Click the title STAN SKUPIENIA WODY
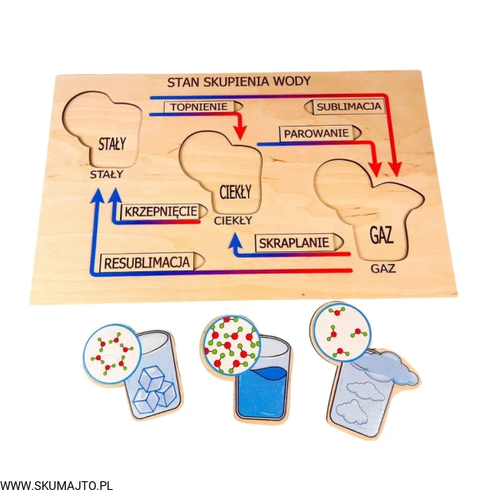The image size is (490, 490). [x=239, y=81]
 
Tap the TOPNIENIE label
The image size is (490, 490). [x=196, y=106]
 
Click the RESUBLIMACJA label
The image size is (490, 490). [x=146, y=261]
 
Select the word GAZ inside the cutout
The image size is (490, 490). [x=383, y=235]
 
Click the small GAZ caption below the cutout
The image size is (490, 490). [x=383, y=268]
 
